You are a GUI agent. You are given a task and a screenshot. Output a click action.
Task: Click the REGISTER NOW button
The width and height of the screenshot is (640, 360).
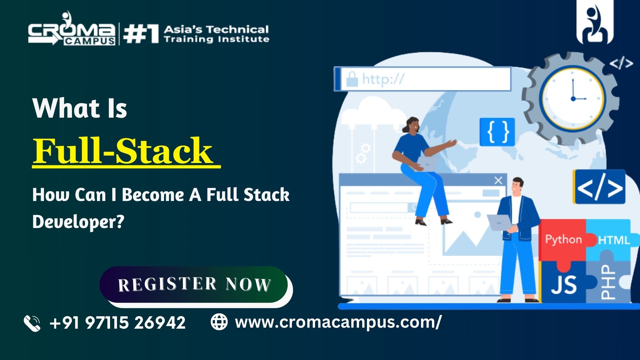point(194,284)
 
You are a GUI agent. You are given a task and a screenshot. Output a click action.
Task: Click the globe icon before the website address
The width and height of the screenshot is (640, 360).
point(219,322)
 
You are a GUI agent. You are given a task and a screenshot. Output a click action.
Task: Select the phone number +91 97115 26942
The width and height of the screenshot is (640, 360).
point(118,323)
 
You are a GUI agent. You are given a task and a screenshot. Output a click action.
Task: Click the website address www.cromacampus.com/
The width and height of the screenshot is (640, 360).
point(338,322)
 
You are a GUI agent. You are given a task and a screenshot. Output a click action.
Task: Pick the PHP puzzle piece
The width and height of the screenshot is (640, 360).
point(608,282)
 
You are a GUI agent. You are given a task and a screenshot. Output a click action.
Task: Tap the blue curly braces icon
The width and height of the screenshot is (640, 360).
point(497,132)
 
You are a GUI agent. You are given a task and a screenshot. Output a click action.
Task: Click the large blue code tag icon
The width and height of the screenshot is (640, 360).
point(599,187)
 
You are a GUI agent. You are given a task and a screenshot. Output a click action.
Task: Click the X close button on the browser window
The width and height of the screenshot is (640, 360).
point(498,181)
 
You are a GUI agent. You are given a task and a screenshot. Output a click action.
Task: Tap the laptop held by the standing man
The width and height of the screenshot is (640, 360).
point(500,223)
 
